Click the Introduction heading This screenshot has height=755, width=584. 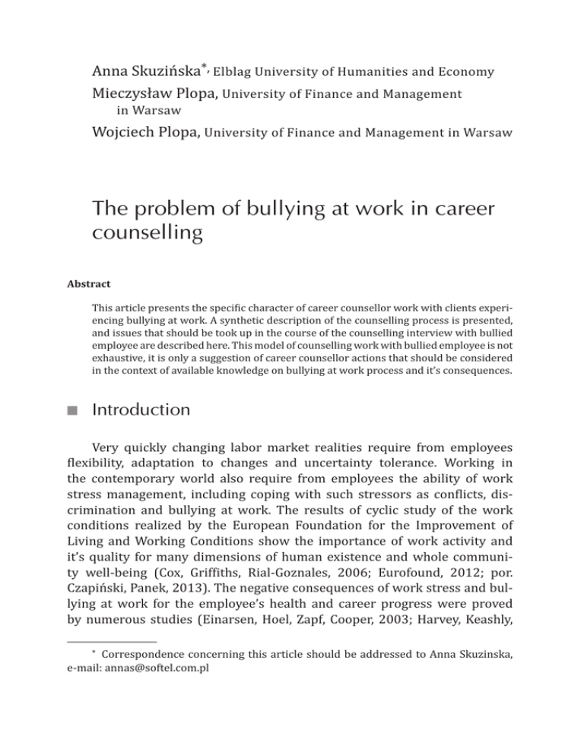141,409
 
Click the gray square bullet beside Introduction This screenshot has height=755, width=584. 71,411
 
